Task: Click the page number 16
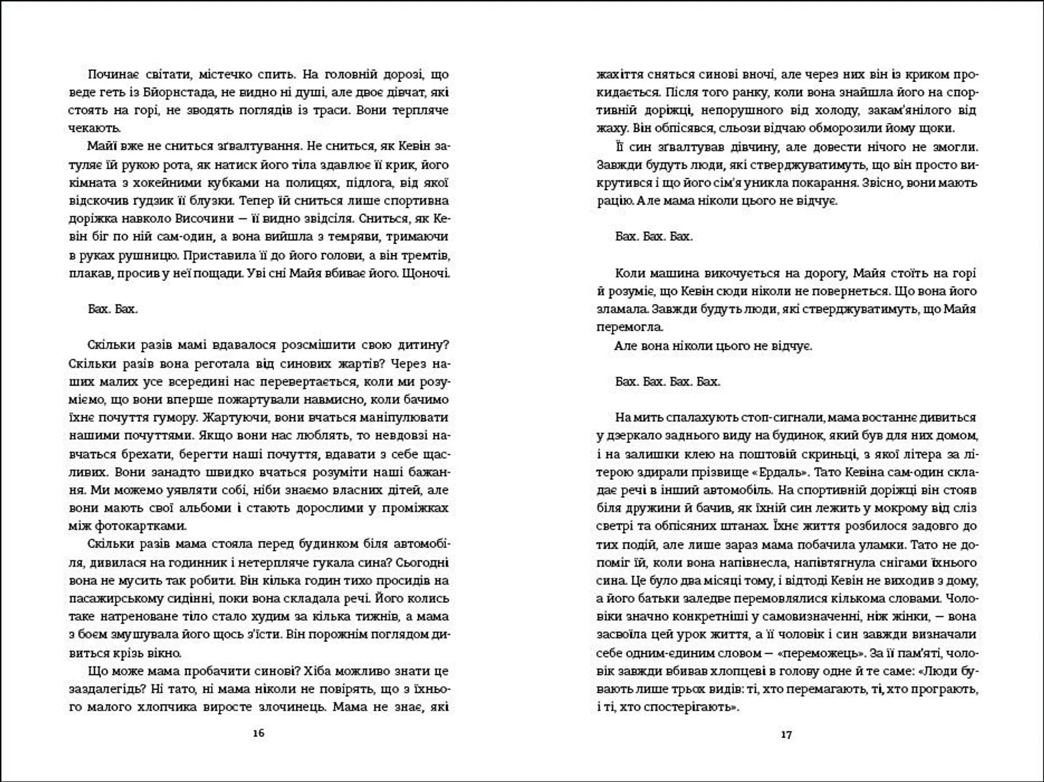coord(259,733)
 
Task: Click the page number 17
coord(786,735)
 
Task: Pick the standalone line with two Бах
coord(113,309)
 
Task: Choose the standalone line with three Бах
coord(654,237)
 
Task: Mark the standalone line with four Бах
coord(668,381)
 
